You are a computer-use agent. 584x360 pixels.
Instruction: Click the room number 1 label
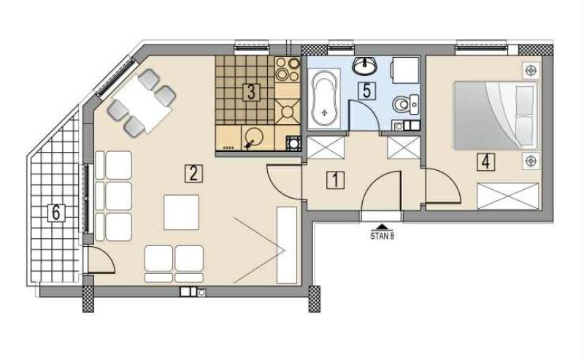336,180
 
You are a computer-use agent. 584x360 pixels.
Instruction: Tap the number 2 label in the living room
193,173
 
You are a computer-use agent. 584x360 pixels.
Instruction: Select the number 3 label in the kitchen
251,93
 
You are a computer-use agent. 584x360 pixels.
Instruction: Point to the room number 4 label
485,161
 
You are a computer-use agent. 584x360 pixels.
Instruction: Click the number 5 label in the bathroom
367,91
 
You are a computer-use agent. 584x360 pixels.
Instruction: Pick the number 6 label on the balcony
56,212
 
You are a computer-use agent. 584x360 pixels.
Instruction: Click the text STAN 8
382,236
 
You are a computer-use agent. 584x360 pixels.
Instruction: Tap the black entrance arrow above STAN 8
382,226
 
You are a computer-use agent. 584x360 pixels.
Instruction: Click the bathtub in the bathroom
325,99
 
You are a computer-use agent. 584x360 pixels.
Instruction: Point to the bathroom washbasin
364,66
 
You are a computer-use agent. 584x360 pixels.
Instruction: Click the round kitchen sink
254,137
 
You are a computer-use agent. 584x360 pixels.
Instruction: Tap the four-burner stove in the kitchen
288,69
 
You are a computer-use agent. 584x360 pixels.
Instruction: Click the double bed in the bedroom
496,115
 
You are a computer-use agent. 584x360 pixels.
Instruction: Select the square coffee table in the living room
181,212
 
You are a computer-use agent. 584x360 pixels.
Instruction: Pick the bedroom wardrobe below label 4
508,196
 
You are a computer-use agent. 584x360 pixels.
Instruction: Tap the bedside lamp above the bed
531,70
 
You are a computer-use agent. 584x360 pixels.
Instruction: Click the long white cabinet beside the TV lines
287,245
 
